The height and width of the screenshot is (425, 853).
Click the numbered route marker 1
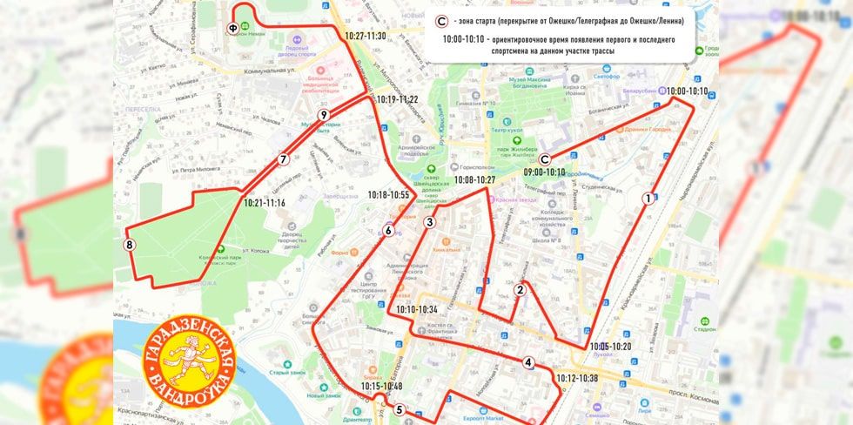pos(648,199)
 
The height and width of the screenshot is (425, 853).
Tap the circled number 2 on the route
pos(519,290)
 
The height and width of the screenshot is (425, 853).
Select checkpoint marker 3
pos(429,222)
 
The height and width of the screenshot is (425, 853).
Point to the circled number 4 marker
pos(528,362)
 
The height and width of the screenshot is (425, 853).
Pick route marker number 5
pos(399,410)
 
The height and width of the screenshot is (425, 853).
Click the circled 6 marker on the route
pos(388,231)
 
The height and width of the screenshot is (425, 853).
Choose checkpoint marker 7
pos(283,159)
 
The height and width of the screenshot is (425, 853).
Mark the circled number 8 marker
pos(130,246)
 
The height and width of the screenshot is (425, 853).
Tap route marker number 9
pos(323,115)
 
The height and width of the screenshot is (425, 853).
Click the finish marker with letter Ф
pos(232,28)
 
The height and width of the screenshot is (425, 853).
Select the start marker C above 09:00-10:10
pos(545,159)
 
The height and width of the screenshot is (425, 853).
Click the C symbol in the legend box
pos(441,21)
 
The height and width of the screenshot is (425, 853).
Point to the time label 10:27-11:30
pos(365,37)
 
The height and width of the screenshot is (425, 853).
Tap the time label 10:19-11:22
pos(397,99)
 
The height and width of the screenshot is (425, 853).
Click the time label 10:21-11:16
pos(265,202)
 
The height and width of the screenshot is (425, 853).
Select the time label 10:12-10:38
pos(577,378)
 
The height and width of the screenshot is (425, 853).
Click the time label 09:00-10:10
pos(544,172)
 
